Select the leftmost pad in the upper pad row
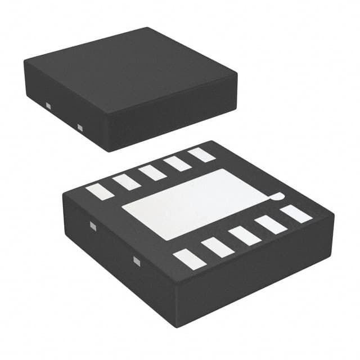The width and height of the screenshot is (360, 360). (100, 190)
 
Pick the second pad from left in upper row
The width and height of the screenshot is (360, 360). (125, 181)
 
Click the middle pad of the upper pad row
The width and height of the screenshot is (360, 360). (152, 172)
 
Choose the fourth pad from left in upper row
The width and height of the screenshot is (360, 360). (178, 163)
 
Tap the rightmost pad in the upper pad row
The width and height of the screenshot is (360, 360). (201, 154)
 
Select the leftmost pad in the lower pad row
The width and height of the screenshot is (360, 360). (188, 259)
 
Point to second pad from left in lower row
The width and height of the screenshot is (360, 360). (217, 247)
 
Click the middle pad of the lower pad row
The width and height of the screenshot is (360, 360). (245, 235)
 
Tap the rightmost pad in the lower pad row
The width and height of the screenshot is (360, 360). (296, 213)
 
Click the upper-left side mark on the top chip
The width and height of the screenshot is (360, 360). (48, 105)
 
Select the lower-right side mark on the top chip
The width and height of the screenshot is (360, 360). (79, 127)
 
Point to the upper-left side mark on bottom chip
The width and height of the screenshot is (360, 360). (93, 226)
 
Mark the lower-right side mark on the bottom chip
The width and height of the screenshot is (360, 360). (136, 260)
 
